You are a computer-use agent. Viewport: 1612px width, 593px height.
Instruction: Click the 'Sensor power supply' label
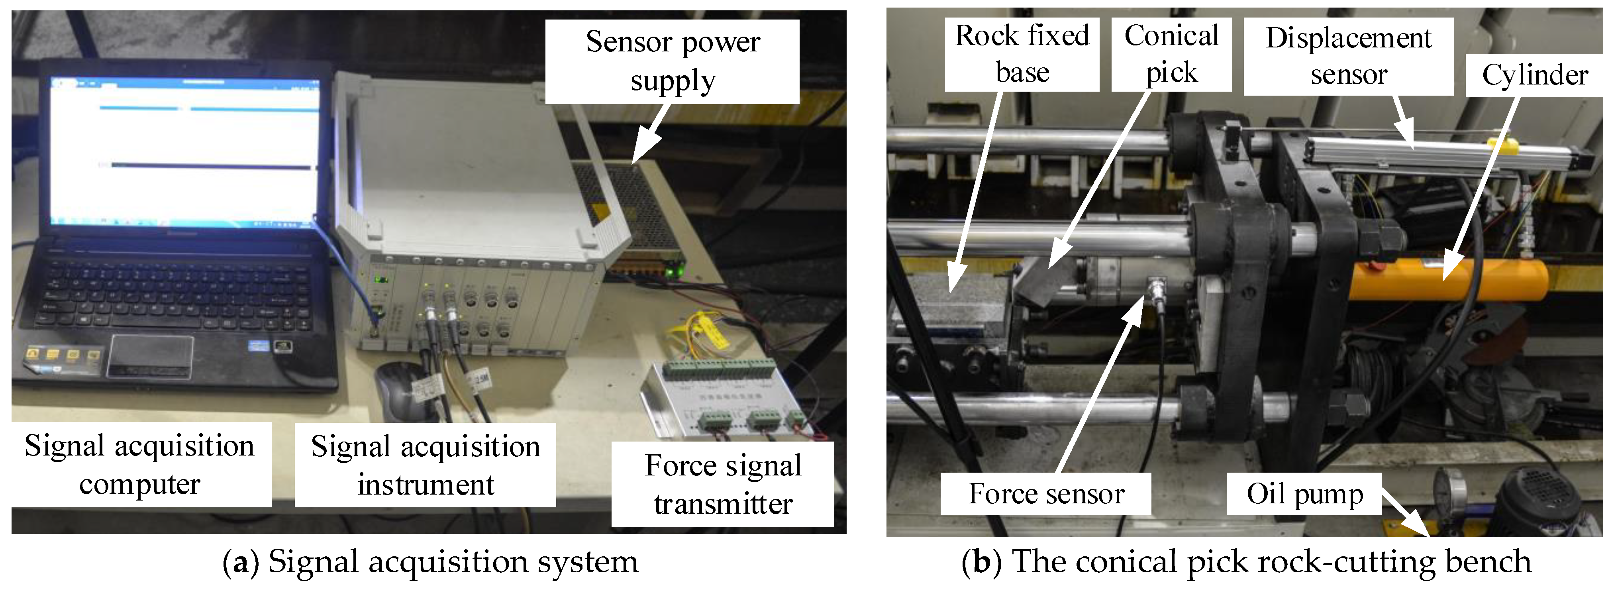(672, 61)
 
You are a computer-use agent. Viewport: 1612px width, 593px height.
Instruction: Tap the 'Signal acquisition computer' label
(140, 465)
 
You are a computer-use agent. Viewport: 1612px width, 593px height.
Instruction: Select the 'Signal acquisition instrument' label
(426, 465)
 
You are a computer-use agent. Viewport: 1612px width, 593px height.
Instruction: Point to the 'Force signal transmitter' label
(723, 484)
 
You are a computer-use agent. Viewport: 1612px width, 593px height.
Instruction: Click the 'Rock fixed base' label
(1022, 55)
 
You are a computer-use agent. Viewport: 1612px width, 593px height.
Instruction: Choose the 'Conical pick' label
(1171, 55)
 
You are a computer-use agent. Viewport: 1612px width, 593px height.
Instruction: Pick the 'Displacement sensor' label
(1349, 56)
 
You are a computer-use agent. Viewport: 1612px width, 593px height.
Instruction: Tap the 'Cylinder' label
(1534, 75)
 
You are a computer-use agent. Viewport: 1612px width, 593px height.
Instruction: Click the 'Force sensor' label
(1046, 494)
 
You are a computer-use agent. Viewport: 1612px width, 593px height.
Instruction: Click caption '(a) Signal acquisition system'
(431, 562)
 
